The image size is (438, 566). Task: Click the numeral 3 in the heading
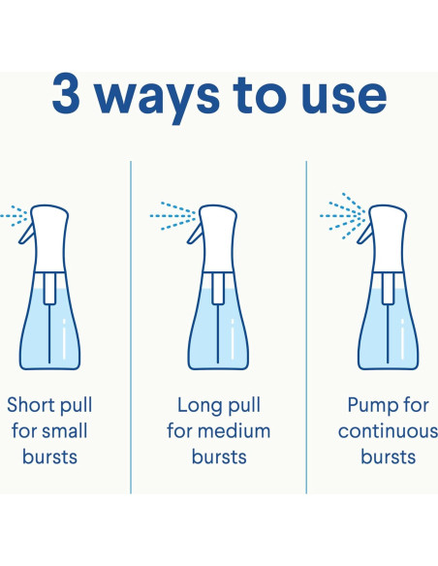click(x=66, y=95)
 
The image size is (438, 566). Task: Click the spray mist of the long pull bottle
click(x=173, y=216)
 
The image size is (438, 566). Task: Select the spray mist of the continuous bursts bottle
click(x=342, y=216)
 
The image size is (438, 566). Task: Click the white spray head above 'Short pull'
click(x=50, y=238)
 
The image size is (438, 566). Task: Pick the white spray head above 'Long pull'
click(x=219, y=238)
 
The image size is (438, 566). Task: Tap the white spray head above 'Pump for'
click(x=389, y=238)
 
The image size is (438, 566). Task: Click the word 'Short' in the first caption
click(x=30, y=405)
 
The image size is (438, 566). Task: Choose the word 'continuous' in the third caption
click(x=388, y=431)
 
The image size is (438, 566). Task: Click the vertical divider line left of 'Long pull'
click(x=131, y=327)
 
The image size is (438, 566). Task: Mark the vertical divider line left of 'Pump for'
click(x=306, y=327)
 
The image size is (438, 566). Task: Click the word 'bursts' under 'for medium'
click(x=219, y=456)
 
